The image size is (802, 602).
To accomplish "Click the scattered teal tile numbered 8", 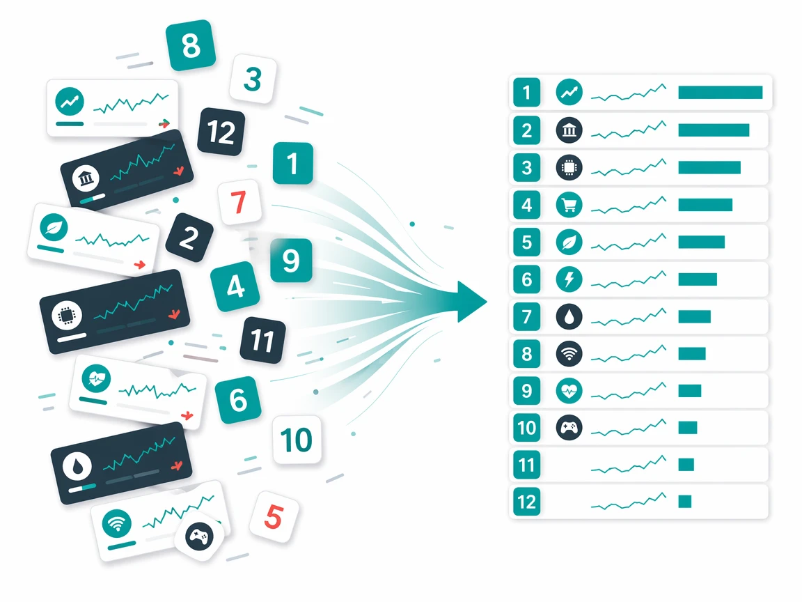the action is pos(191,45).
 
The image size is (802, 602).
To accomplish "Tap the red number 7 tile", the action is pos(239,202).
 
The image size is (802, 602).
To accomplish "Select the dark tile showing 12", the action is pos(221,132).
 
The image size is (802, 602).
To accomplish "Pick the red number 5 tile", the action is pos(274,516).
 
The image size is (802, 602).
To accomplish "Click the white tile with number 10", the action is pos(297,440).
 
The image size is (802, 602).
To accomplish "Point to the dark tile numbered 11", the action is pos(263,340).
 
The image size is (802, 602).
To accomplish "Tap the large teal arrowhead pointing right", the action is pos(471,302).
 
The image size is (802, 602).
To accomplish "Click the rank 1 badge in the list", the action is pos(527,93).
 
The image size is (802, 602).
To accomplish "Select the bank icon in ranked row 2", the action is pos(569,130).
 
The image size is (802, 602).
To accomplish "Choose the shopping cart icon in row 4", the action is pos(569,205).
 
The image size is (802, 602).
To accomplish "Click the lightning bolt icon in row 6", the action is pos(569,279).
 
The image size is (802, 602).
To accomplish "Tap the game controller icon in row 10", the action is pos(569,427).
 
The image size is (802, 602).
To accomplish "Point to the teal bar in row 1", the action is pos(720,92).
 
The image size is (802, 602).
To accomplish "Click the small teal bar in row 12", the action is pos(685,502).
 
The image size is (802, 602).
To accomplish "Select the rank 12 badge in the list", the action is pos(527,502).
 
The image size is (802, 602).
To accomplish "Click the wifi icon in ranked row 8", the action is pos(569,354).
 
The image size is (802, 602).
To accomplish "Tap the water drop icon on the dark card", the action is pos(77,467).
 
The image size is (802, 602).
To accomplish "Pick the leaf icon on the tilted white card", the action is pos(54,227).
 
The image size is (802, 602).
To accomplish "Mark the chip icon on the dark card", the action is pos(67,315).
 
